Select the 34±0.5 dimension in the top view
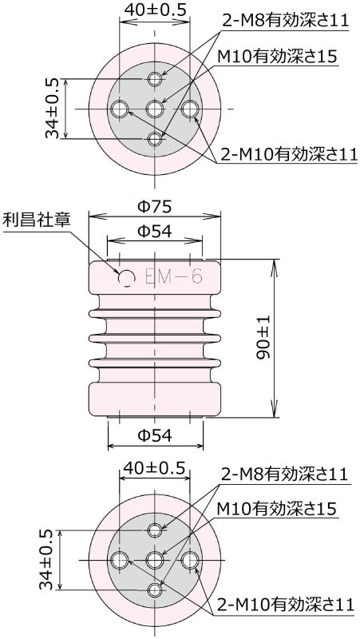point(53,109)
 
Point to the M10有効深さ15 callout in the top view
point(277,56)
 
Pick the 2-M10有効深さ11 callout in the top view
point(287,154)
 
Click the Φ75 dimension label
point(154,206)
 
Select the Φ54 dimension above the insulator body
point(154,232)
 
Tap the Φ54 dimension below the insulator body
point(154,437)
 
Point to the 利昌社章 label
point(37,218)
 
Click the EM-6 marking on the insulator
point(174,277)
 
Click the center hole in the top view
point(156,109)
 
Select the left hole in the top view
point(121,109)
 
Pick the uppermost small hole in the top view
point(156,79)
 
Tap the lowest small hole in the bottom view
point(156,590)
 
